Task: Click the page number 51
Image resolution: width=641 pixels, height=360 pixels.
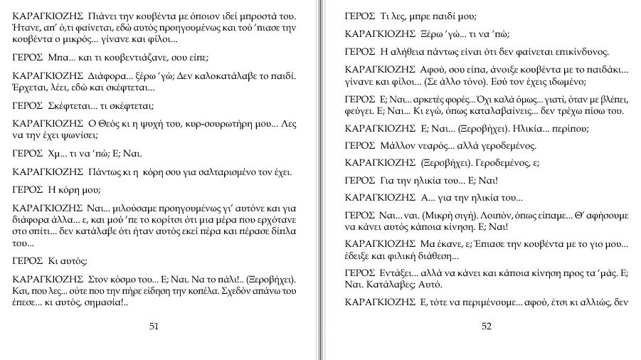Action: pos(154,327)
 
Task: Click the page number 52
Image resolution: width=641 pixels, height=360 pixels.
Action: pos(487,327)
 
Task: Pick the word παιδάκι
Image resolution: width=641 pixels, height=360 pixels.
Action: pos(600,69)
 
